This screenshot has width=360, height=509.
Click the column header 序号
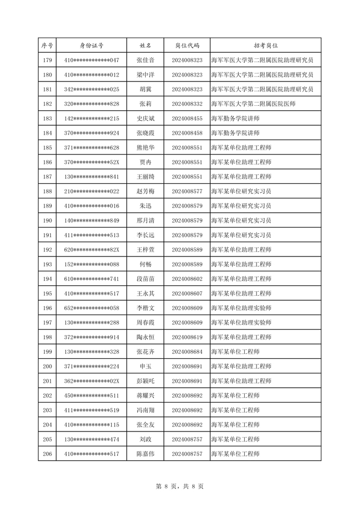pyautogui.click(x=47, y=45)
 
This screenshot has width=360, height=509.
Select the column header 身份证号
pyautogui.click(x=92, y=45)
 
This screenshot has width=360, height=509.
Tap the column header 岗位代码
pyautogui.click(x=187, y=45)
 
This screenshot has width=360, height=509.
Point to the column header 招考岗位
pyautogui.click(x=265, y=45)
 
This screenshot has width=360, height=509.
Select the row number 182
pyautogui.click(x=47, y=104)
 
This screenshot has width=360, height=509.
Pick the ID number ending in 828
pyautogui.click(x=92, y=104)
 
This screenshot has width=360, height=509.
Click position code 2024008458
pyautogui.click(x=187, y=133)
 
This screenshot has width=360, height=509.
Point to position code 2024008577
pyautogui.click(x=187, y=191)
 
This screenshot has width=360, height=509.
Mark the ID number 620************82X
pyautogui.click(x=92, y=250)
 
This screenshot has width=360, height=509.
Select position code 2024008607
pyautogui.click(x=187, y=294)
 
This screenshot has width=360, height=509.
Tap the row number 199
pyautogui.click(x=47, y=352)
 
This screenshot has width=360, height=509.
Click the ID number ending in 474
pyautogui.click(x=92, y=439)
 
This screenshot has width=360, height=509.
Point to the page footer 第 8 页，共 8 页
pyautogui.click(x=180, y=486)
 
